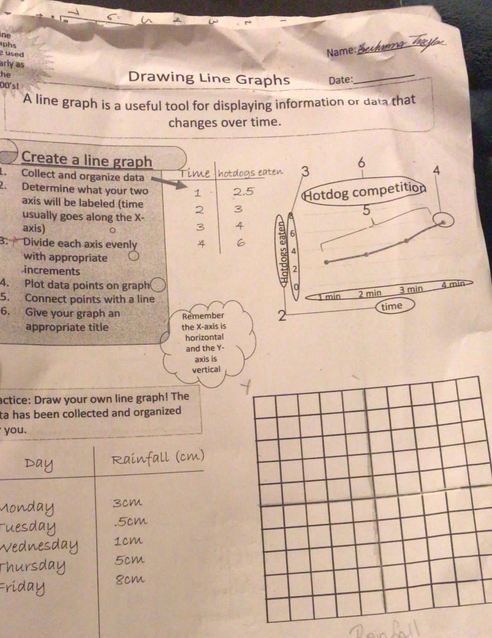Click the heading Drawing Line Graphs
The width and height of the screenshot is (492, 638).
[209, 78]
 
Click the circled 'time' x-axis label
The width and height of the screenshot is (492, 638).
[391, 306]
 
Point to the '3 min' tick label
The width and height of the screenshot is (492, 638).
[411, 290]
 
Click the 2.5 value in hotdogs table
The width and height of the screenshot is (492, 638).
[243, 192]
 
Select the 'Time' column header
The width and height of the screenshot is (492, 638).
[195, 173]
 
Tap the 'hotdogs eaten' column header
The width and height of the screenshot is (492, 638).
[250, 173]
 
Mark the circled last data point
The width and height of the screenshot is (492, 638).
[443, 222]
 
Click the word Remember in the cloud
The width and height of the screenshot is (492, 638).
[203, 316]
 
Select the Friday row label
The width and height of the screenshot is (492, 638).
[23, 587]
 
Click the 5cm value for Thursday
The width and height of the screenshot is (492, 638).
[130, 560]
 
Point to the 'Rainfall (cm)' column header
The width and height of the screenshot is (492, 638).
[158, 458]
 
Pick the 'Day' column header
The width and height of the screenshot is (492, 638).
[39, 463]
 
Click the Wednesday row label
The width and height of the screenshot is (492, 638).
[40, 546]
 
